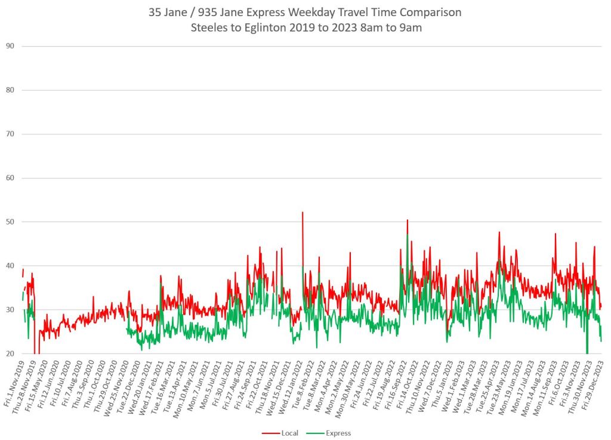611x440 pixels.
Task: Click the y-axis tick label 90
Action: (10, 46)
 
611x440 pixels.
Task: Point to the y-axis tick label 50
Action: (10, 221)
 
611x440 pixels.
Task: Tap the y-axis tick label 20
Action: (10, 353)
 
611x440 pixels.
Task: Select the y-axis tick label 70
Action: (10, 134)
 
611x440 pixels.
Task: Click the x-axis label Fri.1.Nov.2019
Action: (13, 377)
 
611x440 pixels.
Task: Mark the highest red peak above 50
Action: (303, 213)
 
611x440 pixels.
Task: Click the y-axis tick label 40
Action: (10, 266)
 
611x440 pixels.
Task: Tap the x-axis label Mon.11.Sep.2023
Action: (547, 377)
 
